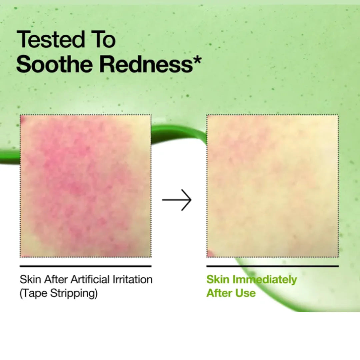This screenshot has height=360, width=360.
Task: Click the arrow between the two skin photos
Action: coord(177,200)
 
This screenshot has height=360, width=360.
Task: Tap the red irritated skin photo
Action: coord(86,186)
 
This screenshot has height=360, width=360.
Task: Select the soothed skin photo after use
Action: coord(272,186)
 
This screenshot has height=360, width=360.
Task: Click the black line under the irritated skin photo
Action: coord(86,266)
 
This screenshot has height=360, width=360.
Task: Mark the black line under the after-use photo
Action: coord(272,266)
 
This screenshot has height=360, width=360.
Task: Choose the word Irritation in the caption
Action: coord(133,279)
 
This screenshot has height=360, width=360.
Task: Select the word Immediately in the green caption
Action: coord(264,279)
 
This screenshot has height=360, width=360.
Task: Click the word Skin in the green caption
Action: coord(218,279)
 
